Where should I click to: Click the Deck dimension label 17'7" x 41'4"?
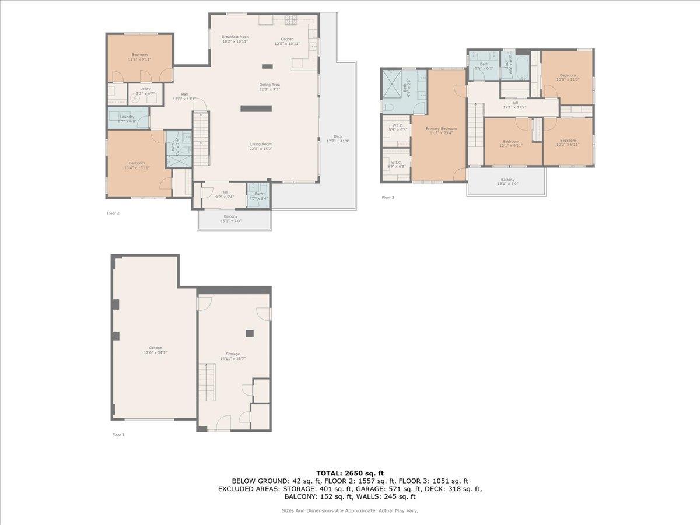pyautogui.click(x=338, y=141)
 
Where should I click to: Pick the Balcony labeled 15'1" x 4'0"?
pyautogui.click(x=230, y=219)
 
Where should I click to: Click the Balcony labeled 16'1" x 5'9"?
pyautogui.click(x=508, y=181)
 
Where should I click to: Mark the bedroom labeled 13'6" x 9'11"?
pyautogui.click(x=139, y=57)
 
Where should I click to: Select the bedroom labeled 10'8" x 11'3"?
pyautogui.click(x=568, y=77)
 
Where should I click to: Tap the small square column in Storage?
pyautogui.click(x=250, y=333)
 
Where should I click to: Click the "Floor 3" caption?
pyautogui.click(x=388, y=197)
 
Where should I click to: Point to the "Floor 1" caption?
pyautogui.click(x=118, y=435)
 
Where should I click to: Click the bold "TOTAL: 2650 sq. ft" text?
pyautogui.click(x=350, y=473)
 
